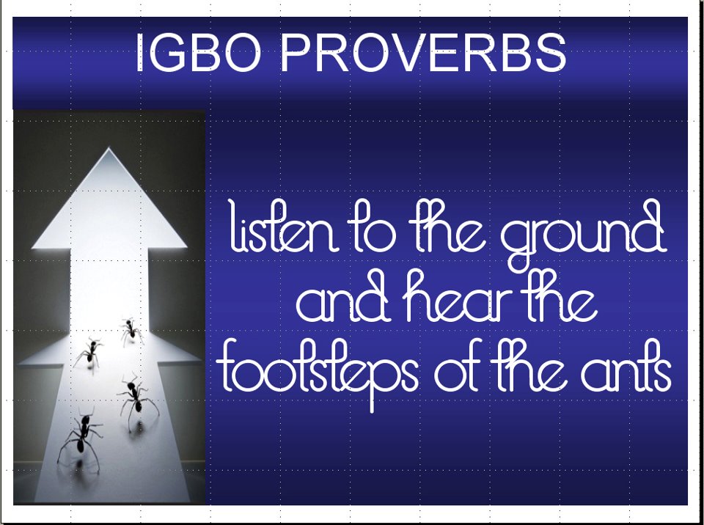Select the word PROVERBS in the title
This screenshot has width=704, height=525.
coord(423,53)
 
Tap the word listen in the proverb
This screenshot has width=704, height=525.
coord(285,227)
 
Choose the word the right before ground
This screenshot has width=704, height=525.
coord(449,227)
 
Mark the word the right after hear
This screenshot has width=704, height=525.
coord(561,295)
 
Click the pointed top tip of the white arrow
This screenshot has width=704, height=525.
coord(109,148)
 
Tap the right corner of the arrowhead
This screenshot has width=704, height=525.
coord(186,246)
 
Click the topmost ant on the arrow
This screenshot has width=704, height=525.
coord(131,331)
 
